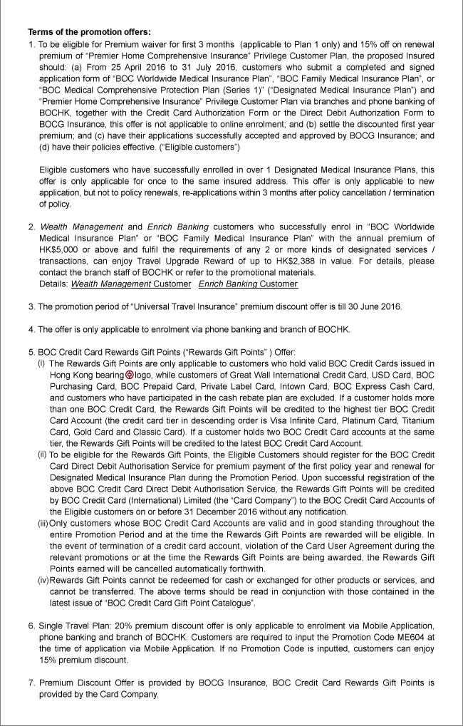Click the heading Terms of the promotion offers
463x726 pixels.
point(89,33)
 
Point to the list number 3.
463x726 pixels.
point(31,306)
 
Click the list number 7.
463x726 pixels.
point(31,683)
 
